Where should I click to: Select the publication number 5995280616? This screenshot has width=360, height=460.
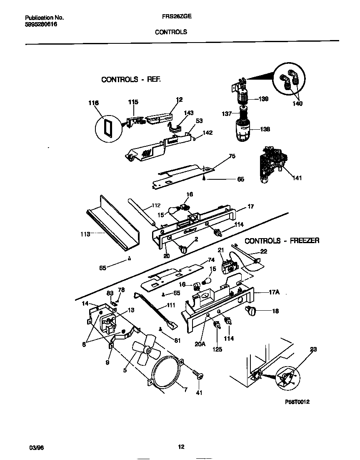pos(41,25)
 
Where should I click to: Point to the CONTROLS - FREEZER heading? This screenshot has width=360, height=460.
pos(282,241)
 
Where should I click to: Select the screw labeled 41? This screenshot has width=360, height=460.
pos(197,374)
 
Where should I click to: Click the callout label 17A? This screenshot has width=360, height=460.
pos(274,293)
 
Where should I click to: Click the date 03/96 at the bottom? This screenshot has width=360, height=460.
pos(36,447)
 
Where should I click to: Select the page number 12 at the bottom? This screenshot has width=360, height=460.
pos(181,447)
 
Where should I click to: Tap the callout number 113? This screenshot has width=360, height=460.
pos(85,234)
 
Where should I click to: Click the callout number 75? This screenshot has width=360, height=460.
pos(232,156)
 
